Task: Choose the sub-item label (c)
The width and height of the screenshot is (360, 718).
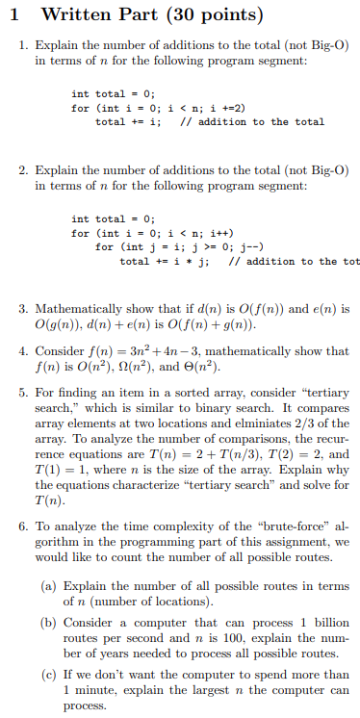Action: [48, 675]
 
